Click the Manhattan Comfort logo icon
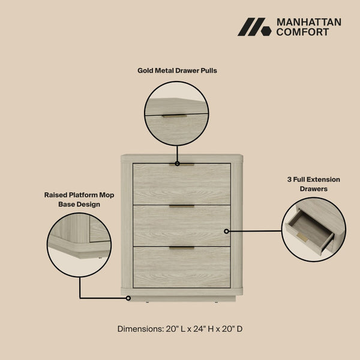(254, 27)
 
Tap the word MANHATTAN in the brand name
(308, 22)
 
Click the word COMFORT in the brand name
(302, 32)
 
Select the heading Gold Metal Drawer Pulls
(177, 70)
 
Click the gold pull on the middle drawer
(181, 206)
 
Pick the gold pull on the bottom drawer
(181, 247)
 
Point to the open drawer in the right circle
(310, 231)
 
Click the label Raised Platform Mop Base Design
(79, 200)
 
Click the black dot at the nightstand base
(128, 298)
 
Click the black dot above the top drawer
(176, 163)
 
